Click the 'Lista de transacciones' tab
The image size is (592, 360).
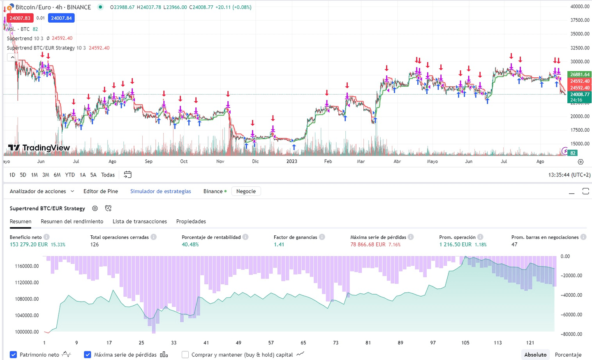[x=140, y=221]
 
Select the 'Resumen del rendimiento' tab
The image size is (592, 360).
[x=72, y=221]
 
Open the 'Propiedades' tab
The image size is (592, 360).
[x=191, y=221]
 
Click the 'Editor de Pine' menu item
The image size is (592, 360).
[x=100, y=191]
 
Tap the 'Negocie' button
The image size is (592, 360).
[x=246, y=191]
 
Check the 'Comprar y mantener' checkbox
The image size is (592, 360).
[x=185, y=355]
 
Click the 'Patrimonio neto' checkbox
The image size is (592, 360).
[x=14, y=355]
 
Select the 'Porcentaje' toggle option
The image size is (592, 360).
[x=568, y=355]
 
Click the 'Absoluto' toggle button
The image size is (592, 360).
[x=535, y=355]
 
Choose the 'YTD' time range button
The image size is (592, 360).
[x=70, y=175]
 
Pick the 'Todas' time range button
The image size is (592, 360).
[x=108, y=175]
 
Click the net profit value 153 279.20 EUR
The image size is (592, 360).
[x=29, y=244]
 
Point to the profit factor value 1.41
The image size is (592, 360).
[x=279, y=244]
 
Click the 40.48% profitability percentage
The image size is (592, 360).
[x=190, y=244]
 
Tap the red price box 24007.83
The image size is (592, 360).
[x=20, y=18]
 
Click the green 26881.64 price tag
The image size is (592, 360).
[x=580, y=74]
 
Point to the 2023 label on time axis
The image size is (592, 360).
[x=291, y=161]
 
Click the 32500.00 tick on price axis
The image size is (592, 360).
[x=580, y=48]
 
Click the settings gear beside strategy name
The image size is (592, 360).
[x=95, y=209]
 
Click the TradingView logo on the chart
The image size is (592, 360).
[x=39, y=148]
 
